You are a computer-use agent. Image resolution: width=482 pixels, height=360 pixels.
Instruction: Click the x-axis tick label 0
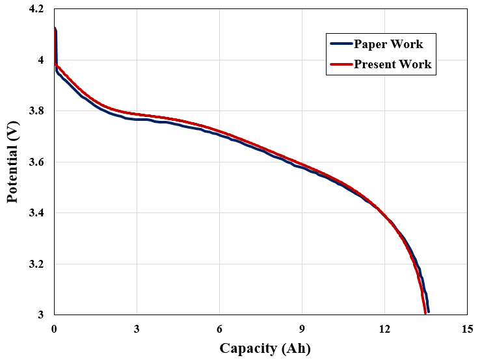point(55,328)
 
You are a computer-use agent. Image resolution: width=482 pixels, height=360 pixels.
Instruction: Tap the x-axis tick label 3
point(137,328)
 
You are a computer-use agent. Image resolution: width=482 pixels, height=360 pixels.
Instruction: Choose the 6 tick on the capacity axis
point(219,328)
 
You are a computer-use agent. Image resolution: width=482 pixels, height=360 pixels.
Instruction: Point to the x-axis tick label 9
point(302,328)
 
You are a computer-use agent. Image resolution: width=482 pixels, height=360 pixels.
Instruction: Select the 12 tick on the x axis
point(384,328)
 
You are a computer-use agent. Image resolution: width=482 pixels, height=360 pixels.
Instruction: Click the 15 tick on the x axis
point(466,328)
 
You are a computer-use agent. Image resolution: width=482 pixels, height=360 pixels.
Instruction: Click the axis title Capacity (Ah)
point(265,348)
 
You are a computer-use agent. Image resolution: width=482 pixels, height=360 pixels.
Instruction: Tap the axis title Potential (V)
point(13,162)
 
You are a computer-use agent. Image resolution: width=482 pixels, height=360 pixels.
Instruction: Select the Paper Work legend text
point(388,44)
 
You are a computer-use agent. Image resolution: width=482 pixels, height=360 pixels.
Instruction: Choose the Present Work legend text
point(392,64)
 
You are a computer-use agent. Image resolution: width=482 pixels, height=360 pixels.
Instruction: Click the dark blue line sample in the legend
point(341,44)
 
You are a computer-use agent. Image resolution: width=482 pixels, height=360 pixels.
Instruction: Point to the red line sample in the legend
point(341,64)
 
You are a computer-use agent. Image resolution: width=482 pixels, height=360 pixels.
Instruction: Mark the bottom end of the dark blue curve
point(428,312)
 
